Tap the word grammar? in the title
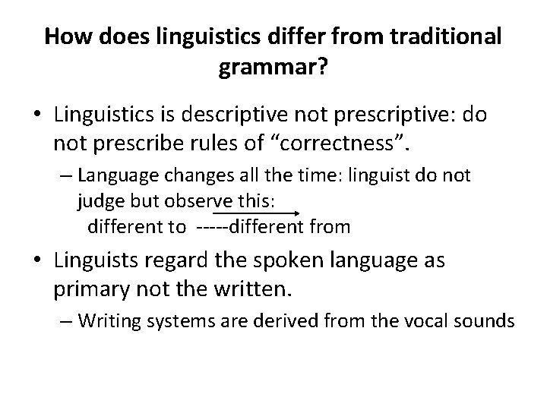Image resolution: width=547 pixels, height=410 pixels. pos(273,69)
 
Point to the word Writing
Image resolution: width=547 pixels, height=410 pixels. pos(106,321)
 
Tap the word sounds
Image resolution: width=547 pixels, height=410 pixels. pos(485,321)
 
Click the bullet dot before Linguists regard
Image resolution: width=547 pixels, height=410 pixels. pos(36,261)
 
